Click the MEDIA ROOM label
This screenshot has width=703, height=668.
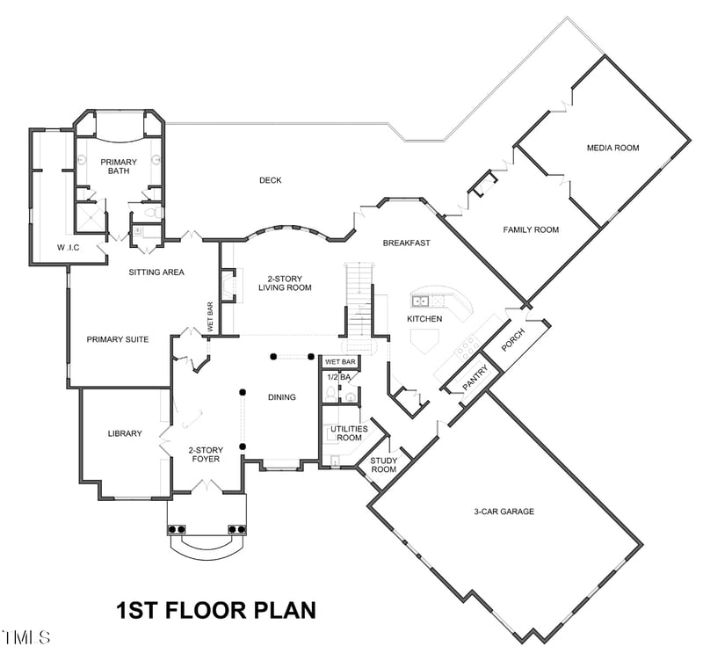[612, 148]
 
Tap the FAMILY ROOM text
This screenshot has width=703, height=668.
[531, 229]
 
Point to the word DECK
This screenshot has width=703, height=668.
[270, 180]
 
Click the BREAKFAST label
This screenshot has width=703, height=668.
[406, 243]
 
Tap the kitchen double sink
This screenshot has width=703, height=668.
[422, 301]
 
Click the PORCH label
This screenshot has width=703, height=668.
[511, 341]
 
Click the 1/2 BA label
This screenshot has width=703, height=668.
[339, 377]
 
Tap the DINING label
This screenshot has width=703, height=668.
[281, 397]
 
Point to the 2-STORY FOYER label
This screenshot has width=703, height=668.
[204, 454]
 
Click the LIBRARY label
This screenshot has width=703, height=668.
[125, 433]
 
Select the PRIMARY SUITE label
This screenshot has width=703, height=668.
[117, 339]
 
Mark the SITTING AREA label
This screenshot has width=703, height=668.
[156, 272]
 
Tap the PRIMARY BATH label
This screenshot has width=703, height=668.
[119, 166]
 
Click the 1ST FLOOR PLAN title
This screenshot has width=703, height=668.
[216, 610]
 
